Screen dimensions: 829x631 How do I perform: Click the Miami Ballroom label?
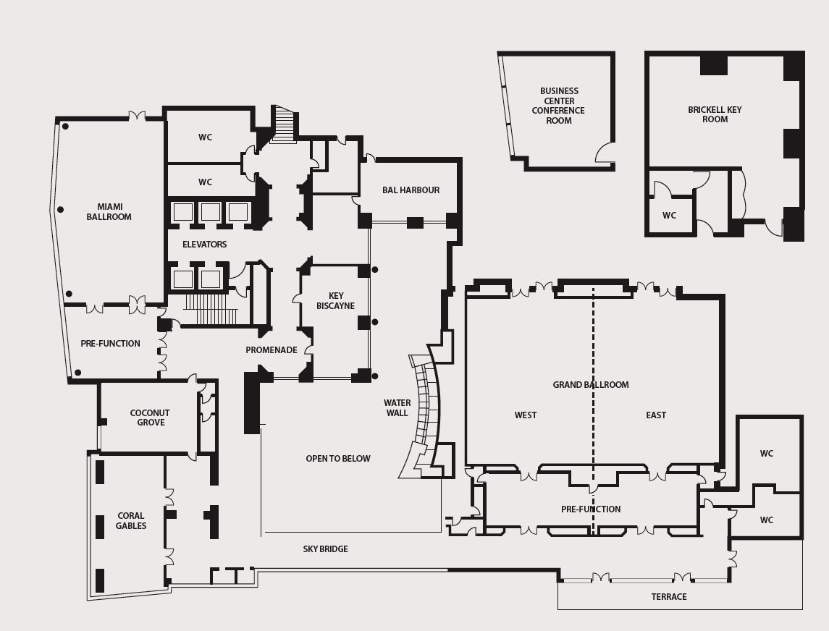(109, 212)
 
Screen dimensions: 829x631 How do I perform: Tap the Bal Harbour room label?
(411, 190)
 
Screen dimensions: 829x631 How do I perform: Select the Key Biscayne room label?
(336, 301)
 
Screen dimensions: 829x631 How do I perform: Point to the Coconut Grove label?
(150, 418)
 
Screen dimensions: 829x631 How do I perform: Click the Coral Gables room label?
(131, 520)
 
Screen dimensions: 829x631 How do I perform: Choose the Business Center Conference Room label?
(558, 106)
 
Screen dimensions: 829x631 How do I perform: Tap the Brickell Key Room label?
(715, 114)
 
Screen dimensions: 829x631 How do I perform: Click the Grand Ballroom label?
(591, 385)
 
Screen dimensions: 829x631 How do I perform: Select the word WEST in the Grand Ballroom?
(526, 415)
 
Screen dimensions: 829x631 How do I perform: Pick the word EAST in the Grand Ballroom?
(656, 415)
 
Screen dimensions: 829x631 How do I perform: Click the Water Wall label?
(397, 408)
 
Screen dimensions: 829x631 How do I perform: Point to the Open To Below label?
(338, 459)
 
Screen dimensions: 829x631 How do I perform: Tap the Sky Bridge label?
(326, 549)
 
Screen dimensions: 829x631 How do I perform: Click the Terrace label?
(669, 597)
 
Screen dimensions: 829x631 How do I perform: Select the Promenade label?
(272, 350)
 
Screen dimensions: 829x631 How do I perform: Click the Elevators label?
(205, 244)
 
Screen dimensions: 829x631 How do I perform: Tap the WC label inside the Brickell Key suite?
(669, 216)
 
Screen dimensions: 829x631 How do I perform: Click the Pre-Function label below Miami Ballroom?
(111, 344)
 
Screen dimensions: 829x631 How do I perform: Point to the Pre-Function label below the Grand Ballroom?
(591, 509)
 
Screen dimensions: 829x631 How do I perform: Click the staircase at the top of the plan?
(283, 124)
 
